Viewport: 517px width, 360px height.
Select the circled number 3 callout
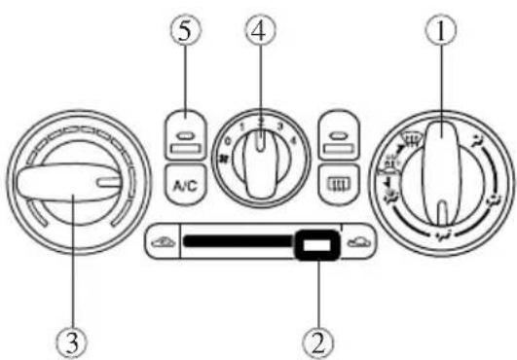pyautogui.click(x=75, y=341)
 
